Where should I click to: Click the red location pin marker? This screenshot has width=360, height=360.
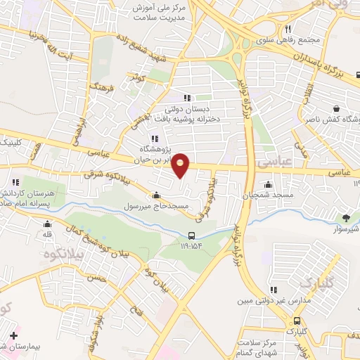coord(181,165)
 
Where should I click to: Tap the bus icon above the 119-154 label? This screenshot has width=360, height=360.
coord(192,236)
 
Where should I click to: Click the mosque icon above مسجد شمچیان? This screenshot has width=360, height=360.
coord(266,185)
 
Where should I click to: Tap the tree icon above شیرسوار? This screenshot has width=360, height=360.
coord(345,219)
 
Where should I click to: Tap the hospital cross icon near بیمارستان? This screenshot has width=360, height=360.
coord(13,336)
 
